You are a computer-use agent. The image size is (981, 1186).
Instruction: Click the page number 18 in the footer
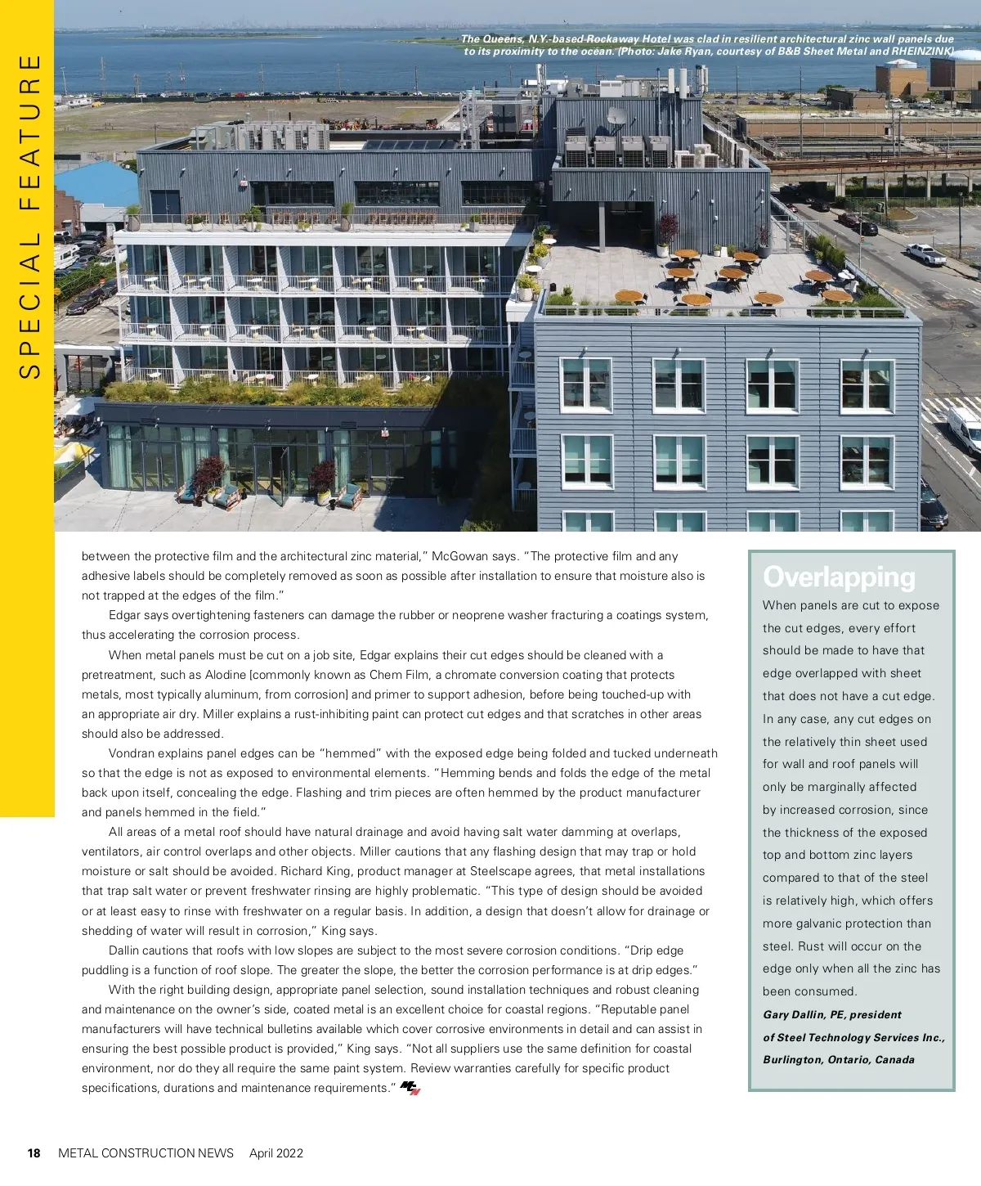pos(34,1153)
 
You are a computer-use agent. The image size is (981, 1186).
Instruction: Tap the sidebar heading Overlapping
pos(839,577)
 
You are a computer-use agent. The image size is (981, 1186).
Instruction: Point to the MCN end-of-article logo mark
pos(410,1088)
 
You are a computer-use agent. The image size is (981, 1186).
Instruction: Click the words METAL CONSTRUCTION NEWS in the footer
pos(146,1153)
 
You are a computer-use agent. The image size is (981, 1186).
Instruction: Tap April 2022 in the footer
pos(276,1153)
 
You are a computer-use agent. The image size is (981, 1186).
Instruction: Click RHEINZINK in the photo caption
pos(922,51)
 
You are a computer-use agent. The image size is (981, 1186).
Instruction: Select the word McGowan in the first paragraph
pos(459,556)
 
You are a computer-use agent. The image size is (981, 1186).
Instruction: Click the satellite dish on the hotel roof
pos(618,116)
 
